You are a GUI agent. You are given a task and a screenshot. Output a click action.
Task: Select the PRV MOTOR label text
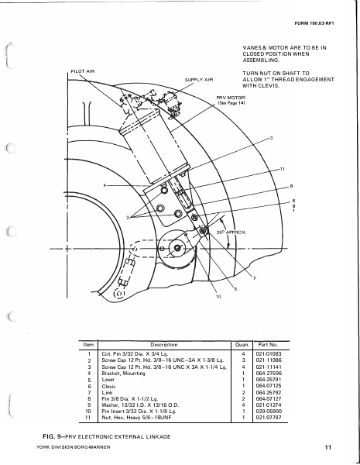229,98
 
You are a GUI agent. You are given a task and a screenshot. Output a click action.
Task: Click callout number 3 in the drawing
271,138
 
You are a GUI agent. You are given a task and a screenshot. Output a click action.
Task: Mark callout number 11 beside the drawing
283,168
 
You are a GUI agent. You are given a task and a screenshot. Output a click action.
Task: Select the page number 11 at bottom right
328,448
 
